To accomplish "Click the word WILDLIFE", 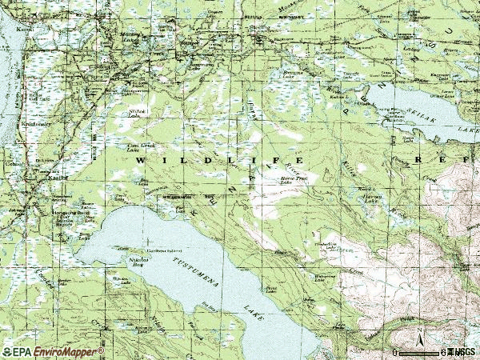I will [x=192, y=162].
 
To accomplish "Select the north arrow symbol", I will [x=419, y=337].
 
